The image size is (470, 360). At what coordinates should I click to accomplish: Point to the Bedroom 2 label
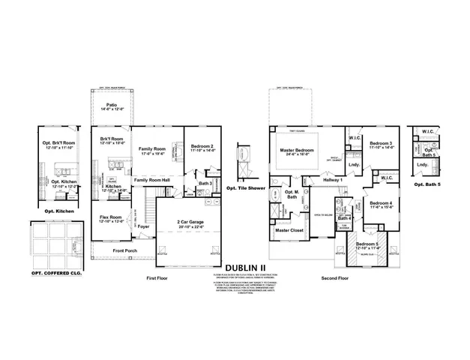click(202, 148)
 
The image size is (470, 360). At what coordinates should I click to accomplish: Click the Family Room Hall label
click(152, 181)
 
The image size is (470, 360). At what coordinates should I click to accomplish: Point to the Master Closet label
click(288, 230)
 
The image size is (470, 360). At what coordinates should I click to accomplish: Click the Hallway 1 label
click(332, 180)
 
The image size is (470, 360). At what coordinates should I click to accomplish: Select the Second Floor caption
click(335, 277)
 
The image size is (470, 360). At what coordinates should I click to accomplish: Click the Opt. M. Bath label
click(289, 196)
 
